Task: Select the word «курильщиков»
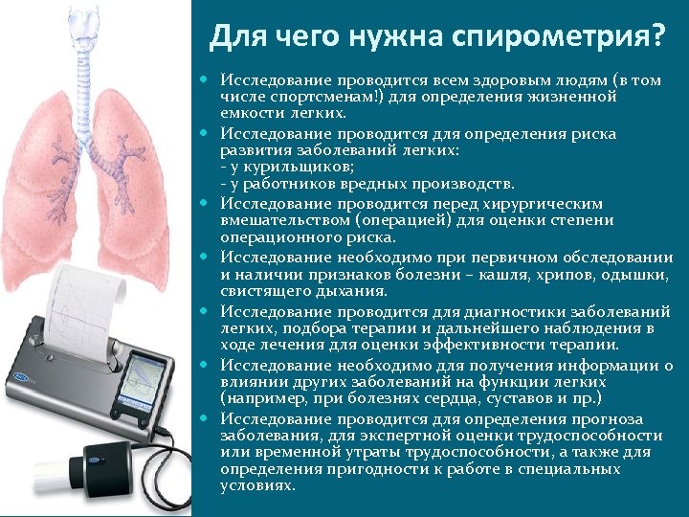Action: (x=286, y=167)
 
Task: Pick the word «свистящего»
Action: (x=261, y=291)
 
